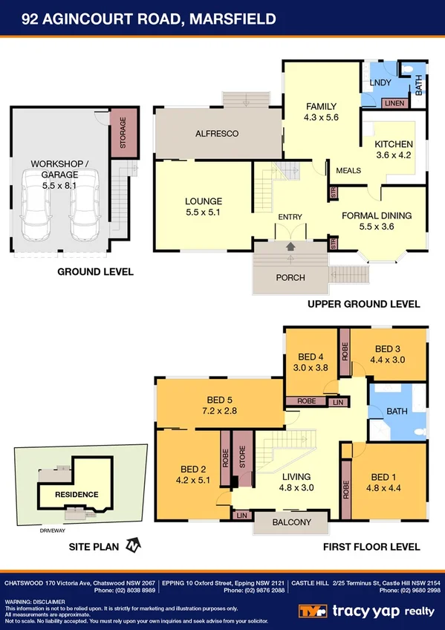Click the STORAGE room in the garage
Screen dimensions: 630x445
[120, 134]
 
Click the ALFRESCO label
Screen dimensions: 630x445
[216, 134]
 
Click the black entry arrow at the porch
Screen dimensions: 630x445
[290, 246]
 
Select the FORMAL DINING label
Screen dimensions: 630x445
[376, 221]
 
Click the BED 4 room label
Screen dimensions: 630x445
[311, 361]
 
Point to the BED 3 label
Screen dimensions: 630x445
[388, 354]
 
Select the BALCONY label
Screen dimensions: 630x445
[291, 522]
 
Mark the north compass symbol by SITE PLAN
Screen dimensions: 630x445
[132, 547]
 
